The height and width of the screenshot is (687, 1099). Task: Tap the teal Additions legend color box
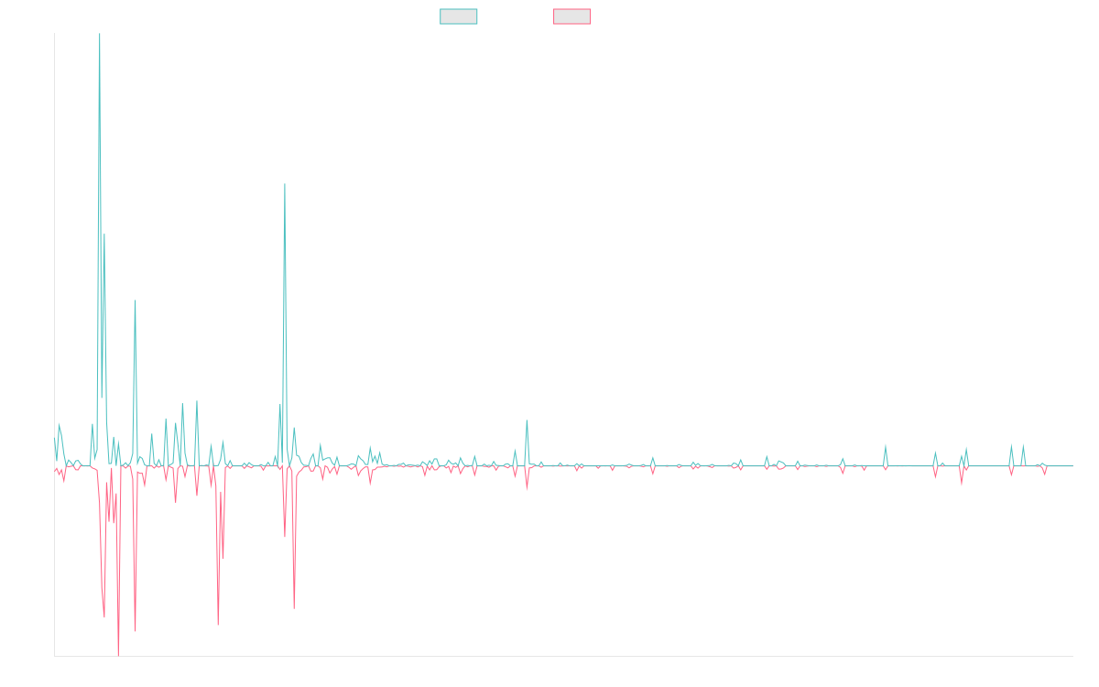[459, 16]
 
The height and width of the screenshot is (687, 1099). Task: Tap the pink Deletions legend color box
[572, 16]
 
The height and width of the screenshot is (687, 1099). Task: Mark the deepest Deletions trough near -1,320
[119, 654]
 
